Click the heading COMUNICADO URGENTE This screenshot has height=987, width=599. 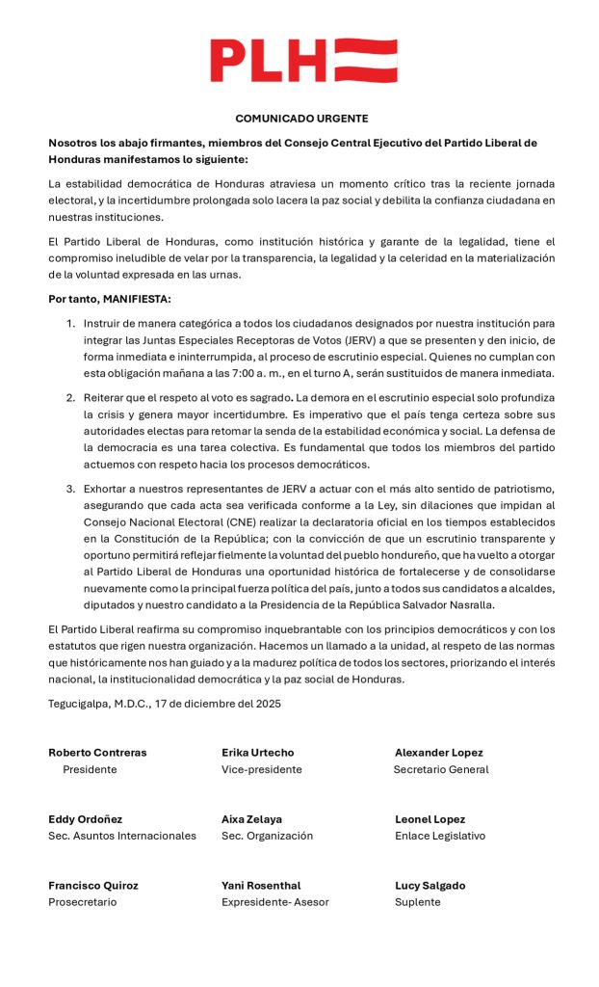point(301,119)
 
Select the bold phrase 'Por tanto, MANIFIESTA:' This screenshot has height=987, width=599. point(110,299)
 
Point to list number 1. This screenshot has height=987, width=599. point(70,323)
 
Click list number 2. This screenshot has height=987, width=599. point(70,398)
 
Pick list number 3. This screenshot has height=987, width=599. point(70,489)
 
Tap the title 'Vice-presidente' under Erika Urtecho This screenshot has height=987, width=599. point(261,770)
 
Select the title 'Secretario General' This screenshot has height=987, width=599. point(441,770)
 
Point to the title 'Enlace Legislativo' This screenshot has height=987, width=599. point(440,837)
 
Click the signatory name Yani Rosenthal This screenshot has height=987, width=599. point(261,886)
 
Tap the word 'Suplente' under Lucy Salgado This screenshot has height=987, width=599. point(417,903)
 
